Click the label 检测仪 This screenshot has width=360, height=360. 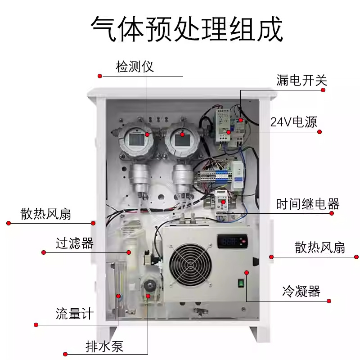[135, 67]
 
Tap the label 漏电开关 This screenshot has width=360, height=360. [301, 81]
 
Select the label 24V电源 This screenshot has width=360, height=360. [293, 122]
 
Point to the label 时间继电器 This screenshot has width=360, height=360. [307, 205]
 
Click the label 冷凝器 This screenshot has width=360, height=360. [301, 291]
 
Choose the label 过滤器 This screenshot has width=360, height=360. [74, 243]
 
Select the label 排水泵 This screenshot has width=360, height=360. [104, 346]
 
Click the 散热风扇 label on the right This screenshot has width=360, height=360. [320, 247]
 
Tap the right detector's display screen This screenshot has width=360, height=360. [181, 139]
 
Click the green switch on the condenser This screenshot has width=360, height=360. [241, 283]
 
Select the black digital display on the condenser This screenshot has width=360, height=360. [231, 242]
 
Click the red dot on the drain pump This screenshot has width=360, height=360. [148, 296]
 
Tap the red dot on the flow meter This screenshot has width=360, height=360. [119, 296]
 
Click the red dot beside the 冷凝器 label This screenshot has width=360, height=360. [329, 301]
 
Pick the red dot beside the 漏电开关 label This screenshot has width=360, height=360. [323, 90]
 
